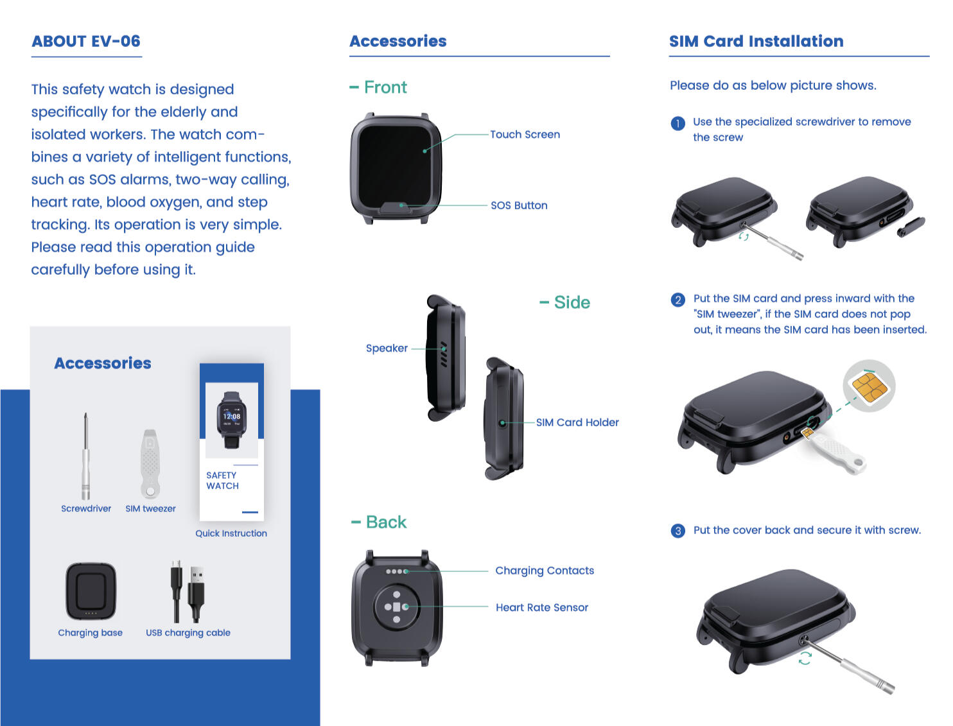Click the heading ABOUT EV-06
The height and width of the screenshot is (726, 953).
[x=86, y=41]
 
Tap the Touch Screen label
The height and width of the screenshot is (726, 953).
[x=525, y=134]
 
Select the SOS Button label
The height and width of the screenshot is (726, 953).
[x=519, y=205]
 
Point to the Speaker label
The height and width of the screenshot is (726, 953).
[x=387, y=348]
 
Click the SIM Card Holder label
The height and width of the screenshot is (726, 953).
[x=577, y=422]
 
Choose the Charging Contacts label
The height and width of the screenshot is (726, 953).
[x=545, y=571]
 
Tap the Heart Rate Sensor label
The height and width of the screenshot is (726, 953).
[x=542, y=607]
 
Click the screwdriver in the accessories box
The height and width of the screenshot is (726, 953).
[x=85, y=457]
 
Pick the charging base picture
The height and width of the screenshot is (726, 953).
[x=91, y=591]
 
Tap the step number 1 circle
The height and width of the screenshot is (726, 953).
[x=678, y=123]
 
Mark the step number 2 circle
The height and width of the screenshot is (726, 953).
[x=678, y=300]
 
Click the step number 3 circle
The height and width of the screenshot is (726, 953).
[x=678, y=531]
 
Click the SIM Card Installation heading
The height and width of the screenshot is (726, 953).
[x=756, y=41]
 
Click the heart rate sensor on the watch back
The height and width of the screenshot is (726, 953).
[x=397, y=607]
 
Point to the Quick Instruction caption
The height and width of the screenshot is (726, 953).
[x=231, y=533]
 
